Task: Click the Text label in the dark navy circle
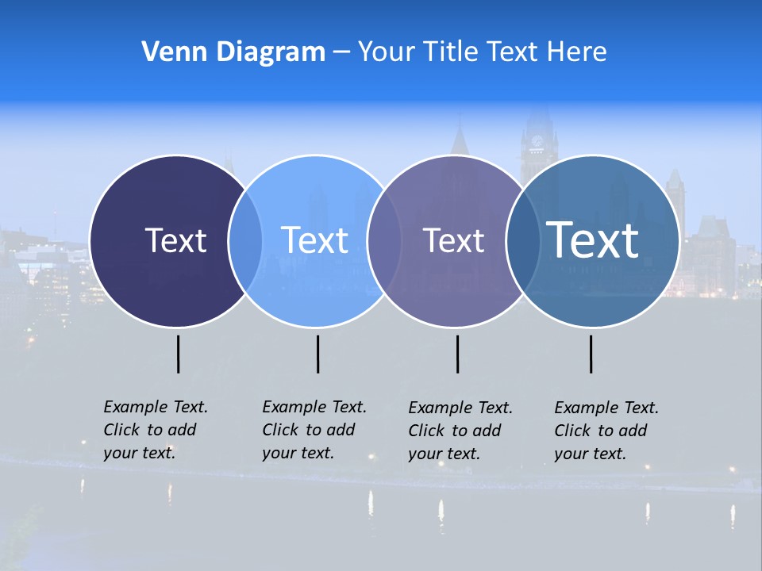175,240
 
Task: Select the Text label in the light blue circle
314,240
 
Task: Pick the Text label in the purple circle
453,240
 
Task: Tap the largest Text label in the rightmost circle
593,240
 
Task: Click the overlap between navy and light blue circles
245,241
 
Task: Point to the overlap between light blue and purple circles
383,241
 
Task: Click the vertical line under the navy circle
178,354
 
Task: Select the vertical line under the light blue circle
317,354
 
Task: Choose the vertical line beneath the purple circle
457,354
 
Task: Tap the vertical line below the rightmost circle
591,354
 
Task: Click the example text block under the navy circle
155,430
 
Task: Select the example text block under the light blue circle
314,430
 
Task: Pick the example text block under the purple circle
460,431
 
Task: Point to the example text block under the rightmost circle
606,431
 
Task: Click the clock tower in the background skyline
539,143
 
